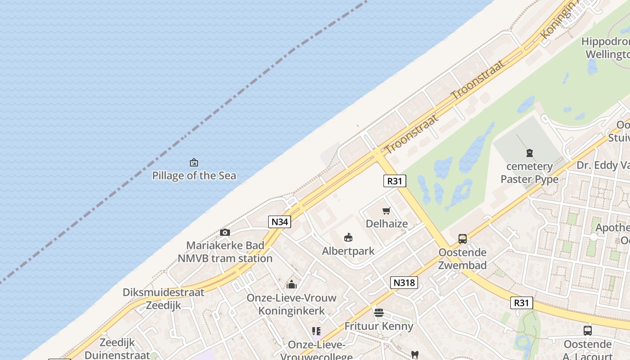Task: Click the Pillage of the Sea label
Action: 194,175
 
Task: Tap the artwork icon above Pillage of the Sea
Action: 194,162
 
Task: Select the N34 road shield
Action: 279,221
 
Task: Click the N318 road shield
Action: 404,283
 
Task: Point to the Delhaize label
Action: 387,224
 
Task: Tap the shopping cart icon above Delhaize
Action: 386,211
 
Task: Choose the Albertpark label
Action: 348,251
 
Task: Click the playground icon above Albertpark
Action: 348,237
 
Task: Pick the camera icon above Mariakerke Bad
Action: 225,233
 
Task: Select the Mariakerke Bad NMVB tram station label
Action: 225,252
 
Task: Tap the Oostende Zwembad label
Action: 463,258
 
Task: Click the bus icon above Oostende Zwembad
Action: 463,239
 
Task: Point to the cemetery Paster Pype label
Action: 530,173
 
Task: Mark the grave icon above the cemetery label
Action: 530,153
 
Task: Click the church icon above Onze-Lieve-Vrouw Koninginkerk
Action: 292,284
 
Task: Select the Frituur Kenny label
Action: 378,326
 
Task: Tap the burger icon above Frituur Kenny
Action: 378,312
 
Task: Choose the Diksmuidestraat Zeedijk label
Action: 163,298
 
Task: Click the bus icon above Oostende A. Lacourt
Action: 587,331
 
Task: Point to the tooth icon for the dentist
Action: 414,355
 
